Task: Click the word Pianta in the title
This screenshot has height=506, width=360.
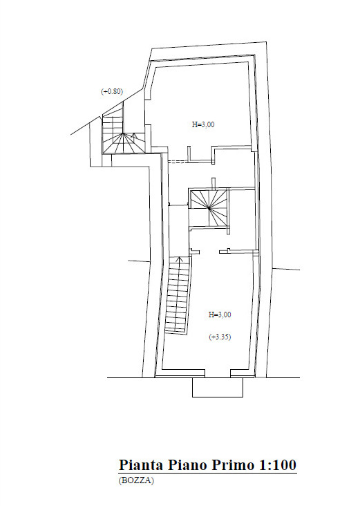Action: click(141, 465)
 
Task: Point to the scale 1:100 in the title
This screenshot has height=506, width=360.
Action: click(277, 465)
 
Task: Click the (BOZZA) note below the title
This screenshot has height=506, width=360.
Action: click(136, 480)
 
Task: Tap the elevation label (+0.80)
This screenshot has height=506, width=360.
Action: click(112, 92)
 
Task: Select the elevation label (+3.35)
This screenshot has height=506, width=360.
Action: click(220, 337)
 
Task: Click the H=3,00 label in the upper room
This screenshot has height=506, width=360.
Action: click(203, 124)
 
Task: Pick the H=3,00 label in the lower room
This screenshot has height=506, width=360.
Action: click(220, 315)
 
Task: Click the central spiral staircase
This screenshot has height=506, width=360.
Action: click(209, 209)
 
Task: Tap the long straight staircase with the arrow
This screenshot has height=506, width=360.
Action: click(178, 295)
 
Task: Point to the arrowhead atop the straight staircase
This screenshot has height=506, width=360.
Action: click(180, 259)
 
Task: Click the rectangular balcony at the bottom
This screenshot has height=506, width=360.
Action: click(218, 387)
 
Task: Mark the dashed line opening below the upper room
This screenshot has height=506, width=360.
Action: click(177, 161)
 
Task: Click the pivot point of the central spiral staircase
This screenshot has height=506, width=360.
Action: click(209, 209)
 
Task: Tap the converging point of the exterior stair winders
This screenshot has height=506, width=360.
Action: click(123, 133)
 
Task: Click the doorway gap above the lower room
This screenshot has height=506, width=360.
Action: click(209, 251)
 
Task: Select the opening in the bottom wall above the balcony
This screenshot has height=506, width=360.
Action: click(218, 373)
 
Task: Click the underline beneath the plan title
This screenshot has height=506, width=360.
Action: click(208, 474)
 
